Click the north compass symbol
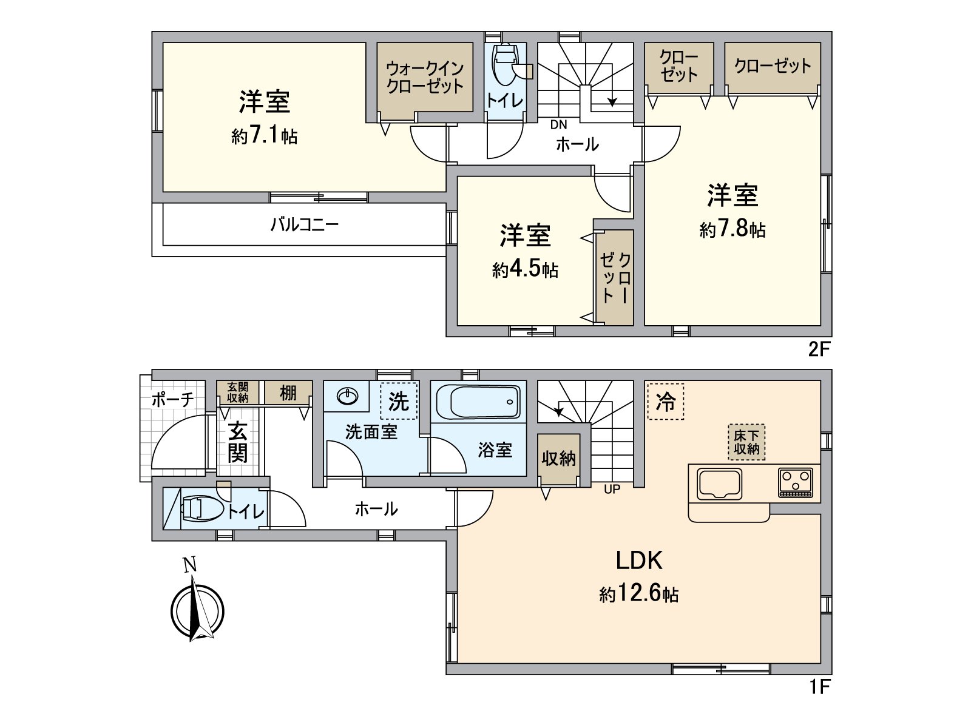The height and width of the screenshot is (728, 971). (x=197, y=610)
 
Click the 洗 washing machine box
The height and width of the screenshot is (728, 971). (x=399, y=401)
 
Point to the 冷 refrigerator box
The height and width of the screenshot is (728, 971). (x=666, y=401)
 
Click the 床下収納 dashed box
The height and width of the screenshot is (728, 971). (x=746, y=442)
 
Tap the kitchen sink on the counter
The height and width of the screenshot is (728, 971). (x=720, y=484)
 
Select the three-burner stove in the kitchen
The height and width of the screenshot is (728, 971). (x=796, y=483)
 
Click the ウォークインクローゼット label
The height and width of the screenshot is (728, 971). (x=425, y=77)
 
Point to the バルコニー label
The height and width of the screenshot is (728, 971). (x=304, y=225)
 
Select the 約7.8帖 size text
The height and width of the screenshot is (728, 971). (x=732, y=229)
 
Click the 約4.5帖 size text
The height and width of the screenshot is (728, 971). (x=525, y=269)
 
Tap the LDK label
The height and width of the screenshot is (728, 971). (x=639, y=561)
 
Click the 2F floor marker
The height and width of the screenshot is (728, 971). (x=819, y=350)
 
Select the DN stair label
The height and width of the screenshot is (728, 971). (x=558, y=125)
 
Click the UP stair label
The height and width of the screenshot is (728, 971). (x=612, y=489)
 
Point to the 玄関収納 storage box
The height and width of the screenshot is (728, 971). (x=238, y=393)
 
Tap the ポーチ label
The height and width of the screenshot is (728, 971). (x=172, y=399)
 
